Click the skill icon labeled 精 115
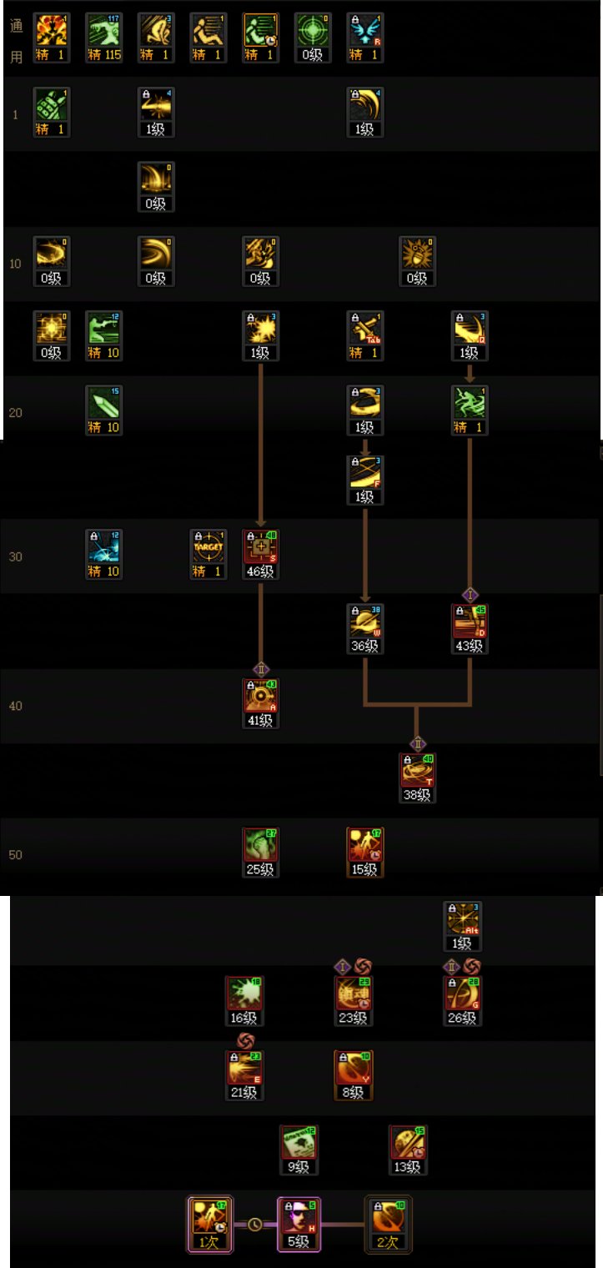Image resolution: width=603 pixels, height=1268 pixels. (x=103, y=33)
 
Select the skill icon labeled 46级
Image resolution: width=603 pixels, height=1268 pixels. (x=260, y=547)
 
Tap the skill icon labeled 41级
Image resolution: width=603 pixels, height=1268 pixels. (x=260, y=697)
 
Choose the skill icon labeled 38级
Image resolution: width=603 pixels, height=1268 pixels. (x=417, y=772)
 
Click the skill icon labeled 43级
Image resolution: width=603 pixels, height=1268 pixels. (x=469, y=622)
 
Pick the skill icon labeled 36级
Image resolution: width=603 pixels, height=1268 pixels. (x=364, y=622)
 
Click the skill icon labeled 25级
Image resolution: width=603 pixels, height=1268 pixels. (x=260, y=846)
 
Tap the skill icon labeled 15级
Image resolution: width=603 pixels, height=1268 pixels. (x=364, y=846)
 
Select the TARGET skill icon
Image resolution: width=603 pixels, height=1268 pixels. (x=208, y=547)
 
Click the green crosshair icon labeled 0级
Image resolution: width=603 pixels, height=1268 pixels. (x=313, y=33)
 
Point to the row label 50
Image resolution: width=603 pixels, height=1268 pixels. (x=15, y=855)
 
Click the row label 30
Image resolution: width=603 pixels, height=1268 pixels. (x=15, y=556)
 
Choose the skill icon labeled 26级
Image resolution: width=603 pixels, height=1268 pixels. (x=463, y=994)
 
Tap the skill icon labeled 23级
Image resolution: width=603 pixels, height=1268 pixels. (x=353, y=994)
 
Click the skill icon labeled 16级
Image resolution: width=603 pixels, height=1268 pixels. (x=244, y=994)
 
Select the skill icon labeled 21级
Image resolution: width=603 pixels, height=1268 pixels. (x=244, y=1069)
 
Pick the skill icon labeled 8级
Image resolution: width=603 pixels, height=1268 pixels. (x=353, y=1069)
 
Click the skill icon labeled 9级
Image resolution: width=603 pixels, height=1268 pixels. (x=299, y=1144)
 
